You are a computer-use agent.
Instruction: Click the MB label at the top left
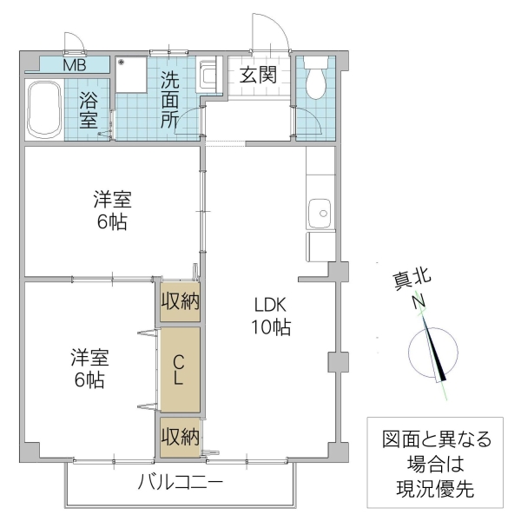[x=73, y=64]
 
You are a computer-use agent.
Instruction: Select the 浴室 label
[x=89, y=109]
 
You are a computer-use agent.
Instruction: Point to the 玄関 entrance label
[x=258, y=75]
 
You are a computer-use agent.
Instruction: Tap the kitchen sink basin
[x=320, y=212]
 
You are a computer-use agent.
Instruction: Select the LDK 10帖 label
[x=272, y=317]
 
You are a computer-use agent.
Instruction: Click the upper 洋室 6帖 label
[x=112, y=209]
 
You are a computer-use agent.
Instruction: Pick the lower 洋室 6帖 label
[x=89, y=368]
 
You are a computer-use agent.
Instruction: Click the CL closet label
[x=178, y=370]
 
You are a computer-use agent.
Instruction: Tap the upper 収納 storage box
[x=180, y=302]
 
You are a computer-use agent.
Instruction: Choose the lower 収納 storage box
[x=180, y=437]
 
